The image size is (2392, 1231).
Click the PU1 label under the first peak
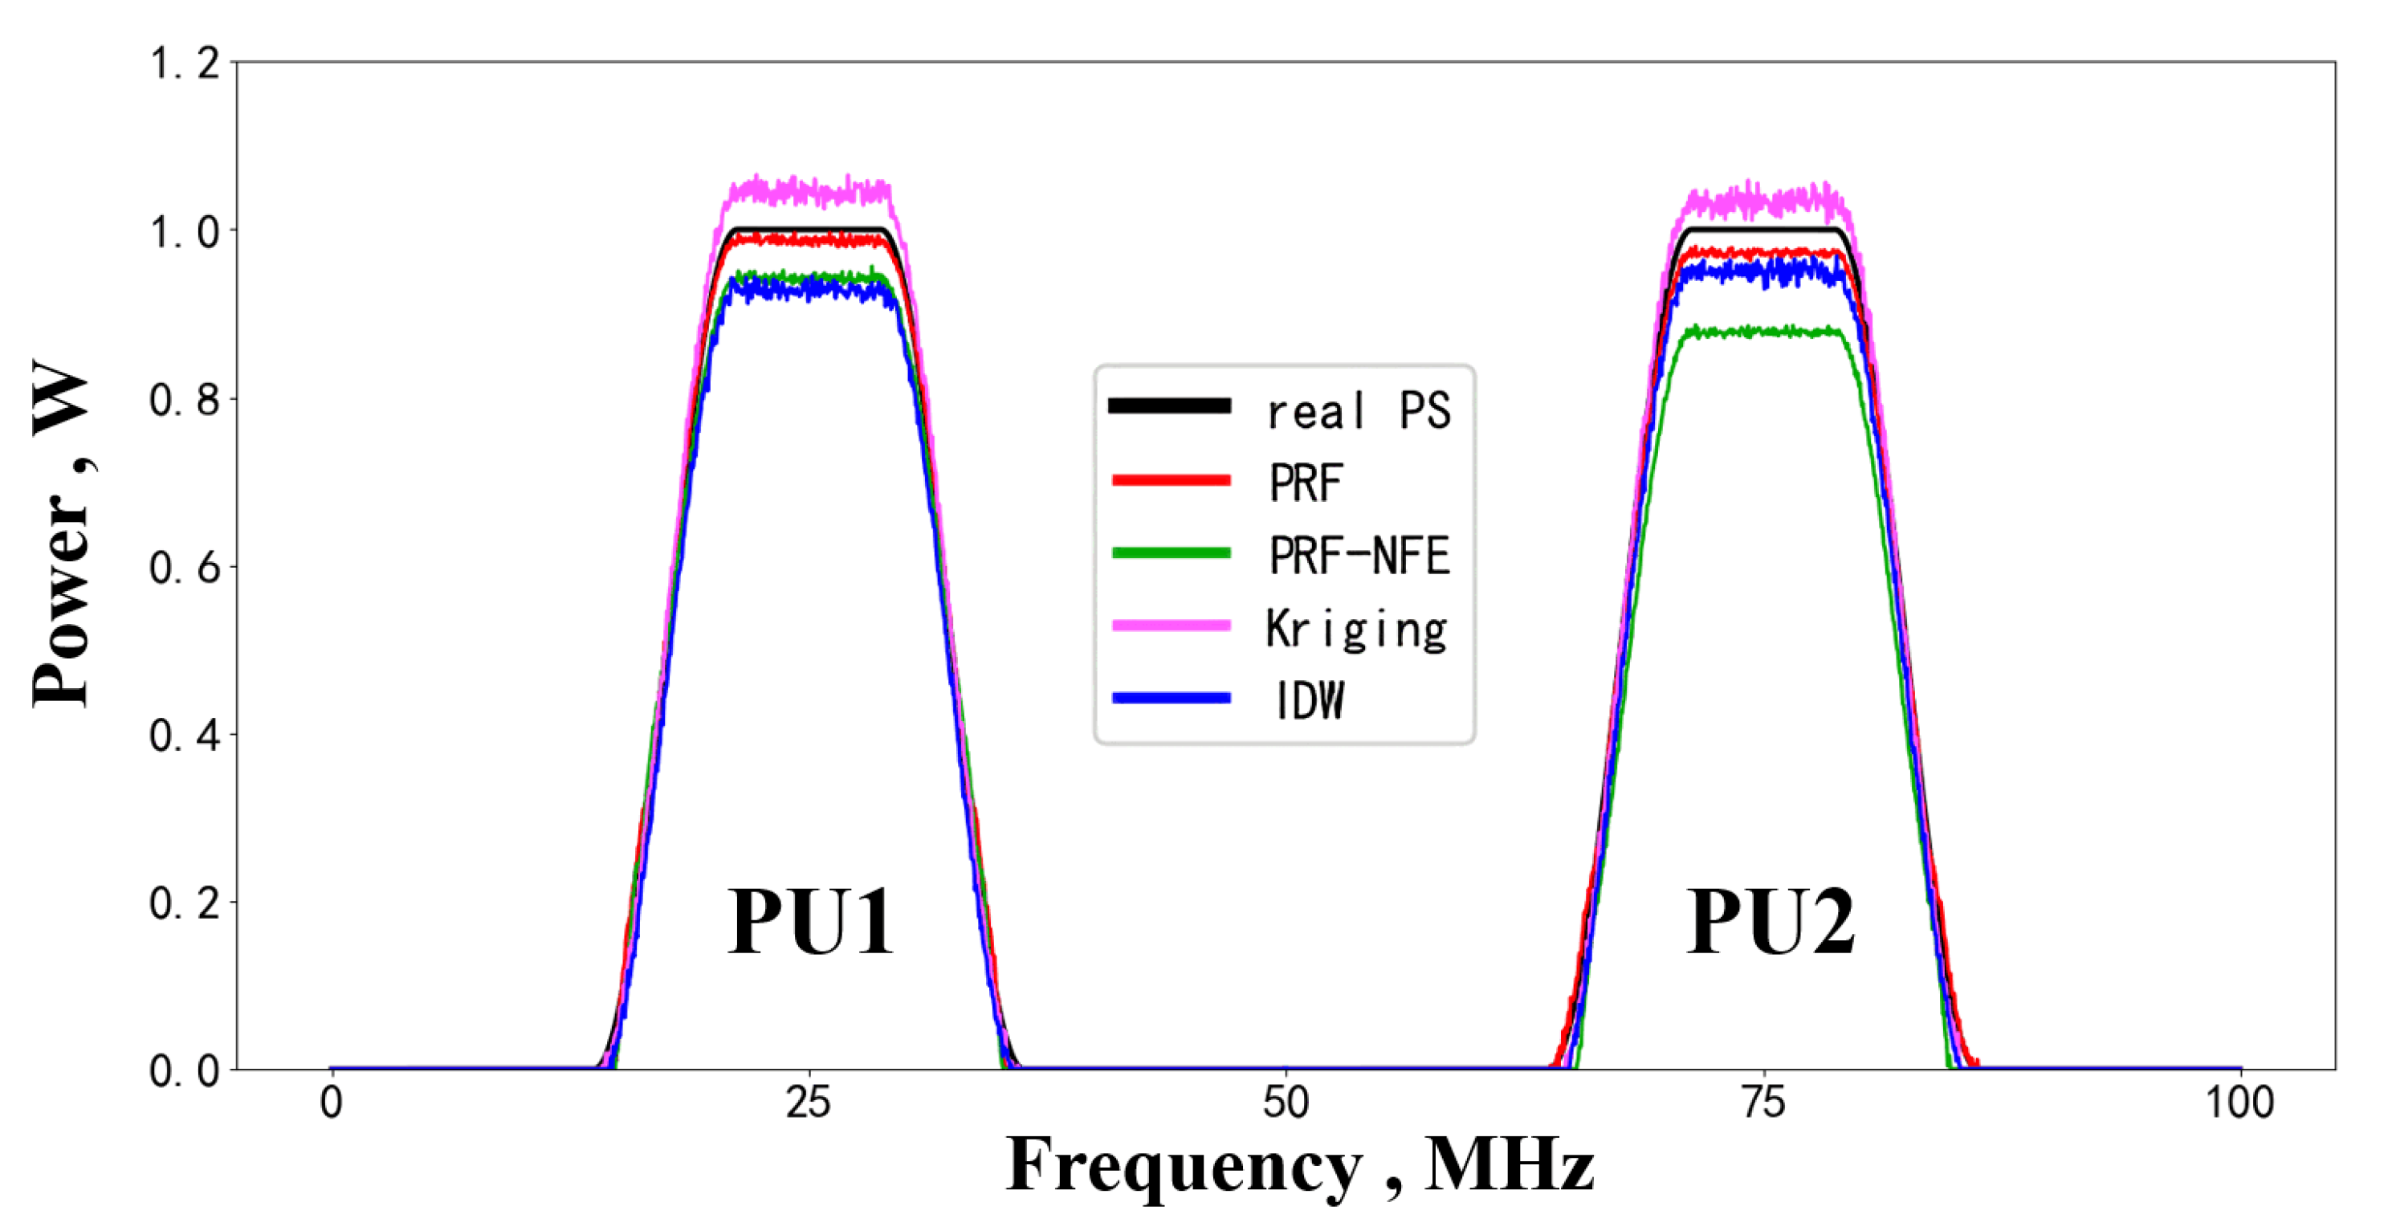click(809, 922)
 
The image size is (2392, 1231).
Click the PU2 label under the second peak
click(1770, 922)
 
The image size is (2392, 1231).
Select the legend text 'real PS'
click(1358, 410)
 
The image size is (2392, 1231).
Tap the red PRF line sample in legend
click(1171, 480)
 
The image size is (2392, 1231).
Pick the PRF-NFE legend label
click(1359, 555)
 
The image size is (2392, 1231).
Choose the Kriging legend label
click(1355, 630)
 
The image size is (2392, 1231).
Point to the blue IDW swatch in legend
click(1171, 698)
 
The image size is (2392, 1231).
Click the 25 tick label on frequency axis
click(808, 1103)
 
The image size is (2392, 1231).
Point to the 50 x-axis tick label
click(1286, 1103)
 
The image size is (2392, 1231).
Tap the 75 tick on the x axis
click(1762, 1103)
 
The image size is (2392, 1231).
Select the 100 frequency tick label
click(2239, 1103)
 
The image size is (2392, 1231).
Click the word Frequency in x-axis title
click(1184, 1166)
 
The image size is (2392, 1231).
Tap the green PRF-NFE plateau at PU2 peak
click(1764, 332)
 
